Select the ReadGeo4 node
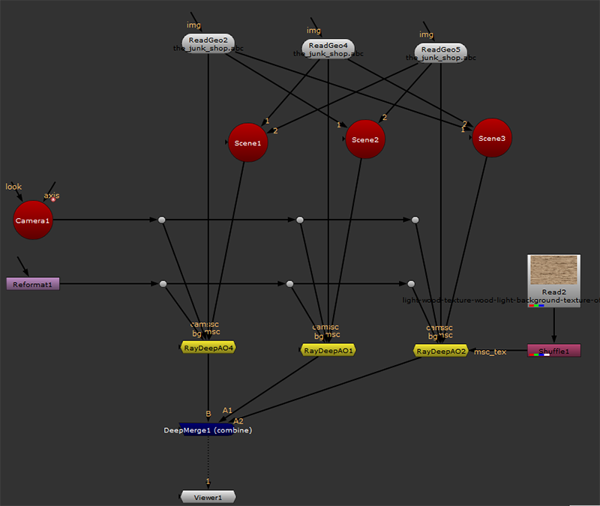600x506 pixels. click(x=328, y=46)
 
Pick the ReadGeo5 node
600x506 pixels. click(x=440, y=50)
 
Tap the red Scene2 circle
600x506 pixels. click(x=365, y=139)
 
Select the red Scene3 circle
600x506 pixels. click(x=492, y=138)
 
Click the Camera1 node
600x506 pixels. click(x=33, y=220)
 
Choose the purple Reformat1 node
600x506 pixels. click(x=32, y=284)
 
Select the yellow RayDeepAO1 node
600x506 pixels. click(x=328, y=350)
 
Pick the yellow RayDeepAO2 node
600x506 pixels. click(x=442, y=351)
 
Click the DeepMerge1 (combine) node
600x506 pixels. click(x=207, y=430)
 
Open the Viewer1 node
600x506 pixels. click(x=208, y=497)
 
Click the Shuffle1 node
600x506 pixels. click(x=553, y=350)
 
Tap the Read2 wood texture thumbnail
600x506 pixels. click(x=553, y=270)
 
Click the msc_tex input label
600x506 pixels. click(x=490, y=352)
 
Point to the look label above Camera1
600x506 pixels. click(x=13, y=186)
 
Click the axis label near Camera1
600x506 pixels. click(x=51, y=196)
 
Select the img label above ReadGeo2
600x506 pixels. click(x=193, y=25)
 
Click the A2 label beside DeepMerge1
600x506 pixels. click(x=238, y=421)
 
